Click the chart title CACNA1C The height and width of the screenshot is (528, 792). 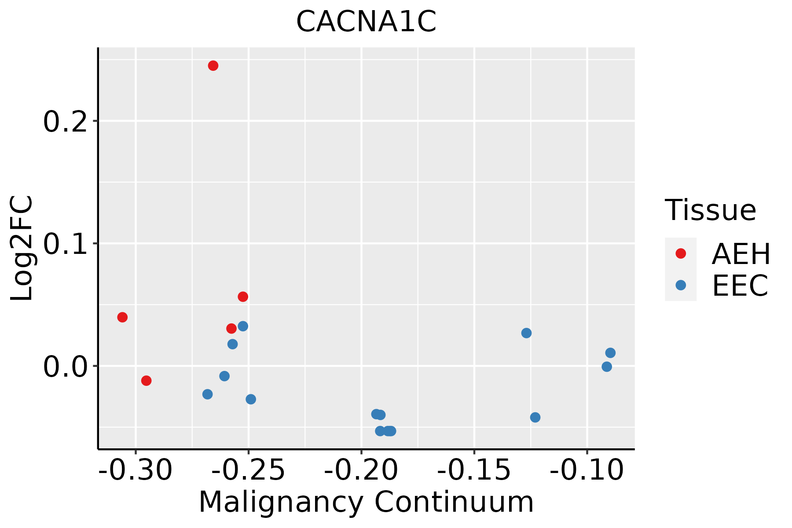[366, 22]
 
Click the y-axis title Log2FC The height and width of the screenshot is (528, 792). [22, 249]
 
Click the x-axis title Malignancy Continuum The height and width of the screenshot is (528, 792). [366, 502]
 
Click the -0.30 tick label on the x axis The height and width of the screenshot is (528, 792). [136, 470]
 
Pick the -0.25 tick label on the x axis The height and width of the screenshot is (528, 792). [249, 470]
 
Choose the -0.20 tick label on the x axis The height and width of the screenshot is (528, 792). [361, 470]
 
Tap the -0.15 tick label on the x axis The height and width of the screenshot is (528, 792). [474, 470]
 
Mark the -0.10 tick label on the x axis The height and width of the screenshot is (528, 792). [587, 470]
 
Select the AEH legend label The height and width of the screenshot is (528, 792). [741, 254]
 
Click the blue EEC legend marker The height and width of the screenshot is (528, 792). [681, 285]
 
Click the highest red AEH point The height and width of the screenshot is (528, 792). [213, 66]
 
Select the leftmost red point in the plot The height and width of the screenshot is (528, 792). [122, 317]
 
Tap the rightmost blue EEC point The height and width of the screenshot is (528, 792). [610, 353]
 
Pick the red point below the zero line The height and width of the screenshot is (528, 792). [147, 381]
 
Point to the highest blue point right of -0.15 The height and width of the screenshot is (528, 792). [526, 333]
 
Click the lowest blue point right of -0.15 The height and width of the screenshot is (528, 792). [535, 417]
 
